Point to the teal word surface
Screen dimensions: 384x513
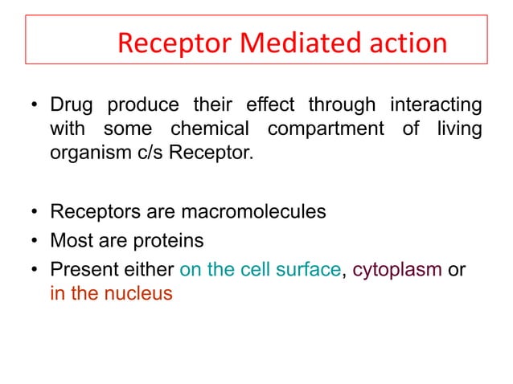pyautogui.click(x=310, y=269)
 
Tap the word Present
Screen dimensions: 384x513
pyautogui.click(x=80, y=269)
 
